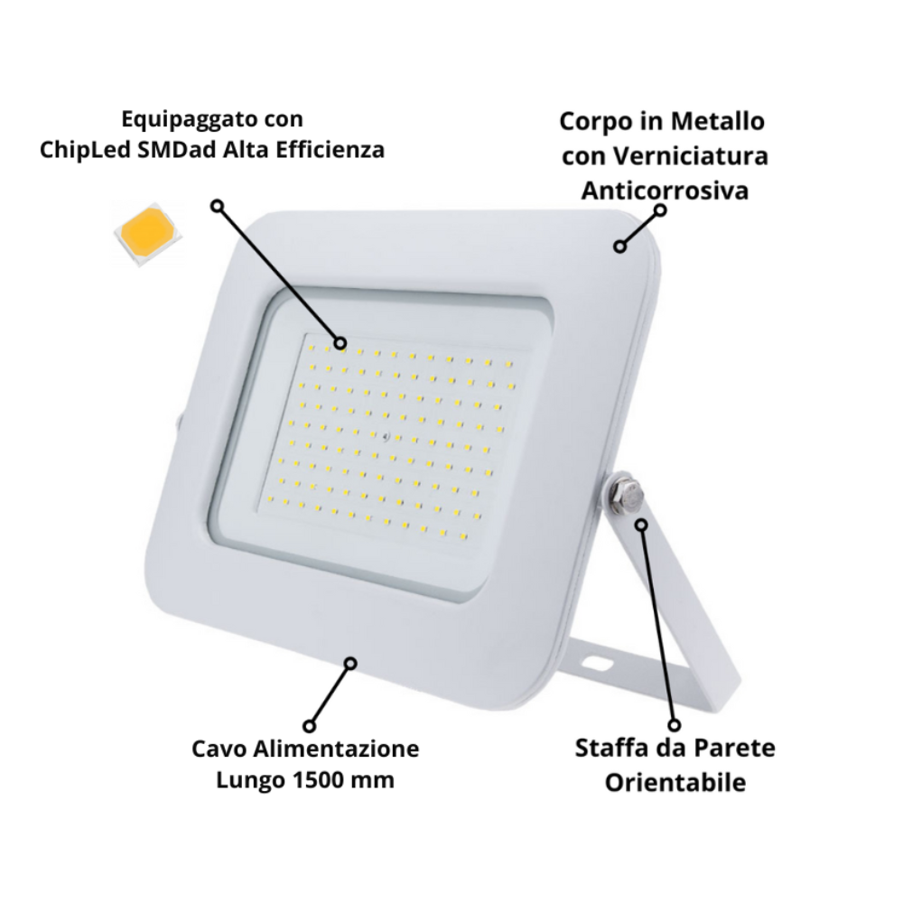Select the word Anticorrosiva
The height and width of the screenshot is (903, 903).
(664, 191)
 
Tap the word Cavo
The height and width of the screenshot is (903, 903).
(222, 749)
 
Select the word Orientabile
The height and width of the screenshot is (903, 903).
(675, 781)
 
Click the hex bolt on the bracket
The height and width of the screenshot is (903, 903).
(625, 494)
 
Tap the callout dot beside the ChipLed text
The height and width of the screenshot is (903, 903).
(216, 206)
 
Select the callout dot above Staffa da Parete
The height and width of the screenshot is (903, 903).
(674, 724)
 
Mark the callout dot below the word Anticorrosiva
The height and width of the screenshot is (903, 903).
(660, 209)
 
